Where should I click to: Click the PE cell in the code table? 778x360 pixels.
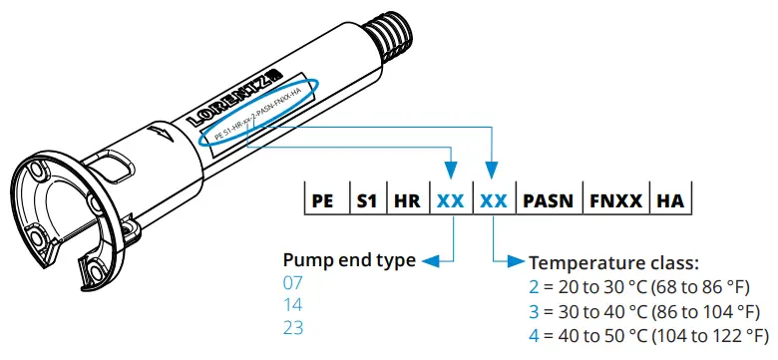[322, 199]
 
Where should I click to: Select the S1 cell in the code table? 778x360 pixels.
[366, 199]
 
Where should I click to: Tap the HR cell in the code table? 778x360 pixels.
[406, 199]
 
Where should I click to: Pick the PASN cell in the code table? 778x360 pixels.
[547, 199]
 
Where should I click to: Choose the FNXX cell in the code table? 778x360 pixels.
[614, 199]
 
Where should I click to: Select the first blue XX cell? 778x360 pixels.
[450, 199]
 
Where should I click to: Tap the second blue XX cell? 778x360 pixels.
[494, 199]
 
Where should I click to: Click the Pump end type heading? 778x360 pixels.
[349, 261]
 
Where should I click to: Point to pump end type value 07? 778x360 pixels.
[292, 283]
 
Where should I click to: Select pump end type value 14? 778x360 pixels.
[292, 305]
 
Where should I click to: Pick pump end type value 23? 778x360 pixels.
[292, 327]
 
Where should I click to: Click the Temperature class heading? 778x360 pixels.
[613, 263]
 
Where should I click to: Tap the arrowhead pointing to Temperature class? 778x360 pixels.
[517, 262]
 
